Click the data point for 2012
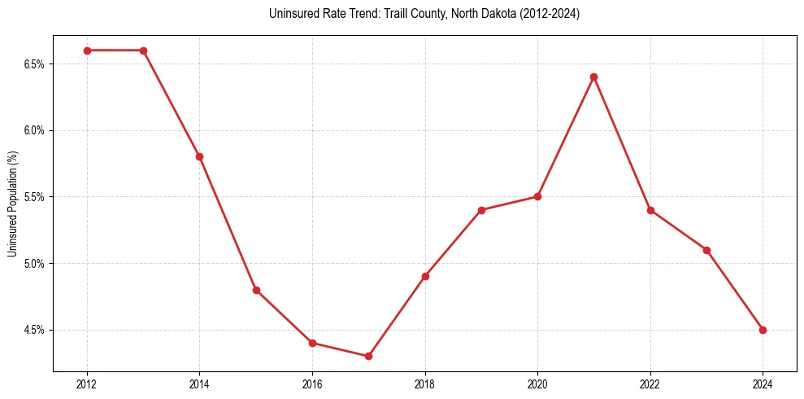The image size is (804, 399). [x=87, y=50]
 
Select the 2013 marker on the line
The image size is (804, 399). [x=143, y=50]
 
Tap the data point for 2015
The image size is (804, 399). [x=256, y=290]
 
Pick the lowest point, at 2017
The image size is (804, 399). [x=368, y=356]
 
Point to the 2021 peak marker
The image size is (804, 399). [x=593, y=77]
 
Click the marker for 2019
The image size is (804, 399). [x=481, y=210]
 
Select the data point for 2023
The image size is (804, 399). [x=706, y=250]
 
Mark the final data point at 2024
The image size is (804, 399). [x=763, y=330]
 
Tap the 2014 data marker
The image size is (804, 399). [x=199, y=156]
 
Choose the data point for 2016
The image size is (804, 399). [x=312, y=343]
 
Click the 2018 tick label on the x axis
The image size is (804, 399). [x=424, y=384]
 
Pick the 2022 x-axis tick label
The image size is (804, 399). [x=650, y=384]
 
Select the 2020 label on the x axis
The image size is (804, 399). [x=537, y=384]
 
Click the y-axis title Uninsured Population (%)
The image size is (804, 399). [x=12, y=204]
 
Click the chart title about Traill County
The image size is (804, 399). [x=424, y=14]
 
